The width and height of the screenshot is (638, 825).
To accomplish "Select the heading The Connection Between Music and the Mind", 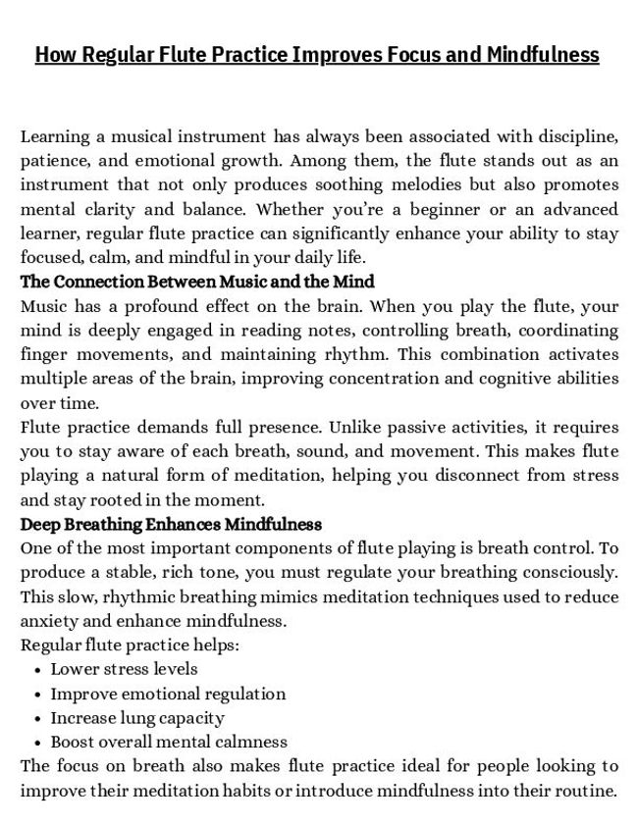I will click(197, 282).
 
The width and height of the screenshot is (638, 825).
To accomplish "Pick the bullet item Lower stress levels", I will click(124, 669).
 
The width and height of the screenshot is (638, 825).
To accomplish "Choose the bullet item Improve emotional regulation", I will click(168, 694).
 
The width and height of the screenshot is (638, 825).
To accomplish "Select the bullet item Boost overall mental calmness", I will click(169, 742).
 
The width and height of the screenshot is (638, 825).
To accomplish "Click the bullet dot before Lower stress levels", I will click(36, 670).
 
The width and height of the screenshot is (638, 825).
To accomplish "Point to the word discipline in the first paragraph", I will click(577, 136).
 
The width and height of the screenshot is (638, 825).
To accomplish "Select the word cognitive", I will click(515, 378).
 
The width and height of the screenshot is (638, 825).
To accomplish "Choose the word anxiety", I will click(49, 620).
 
